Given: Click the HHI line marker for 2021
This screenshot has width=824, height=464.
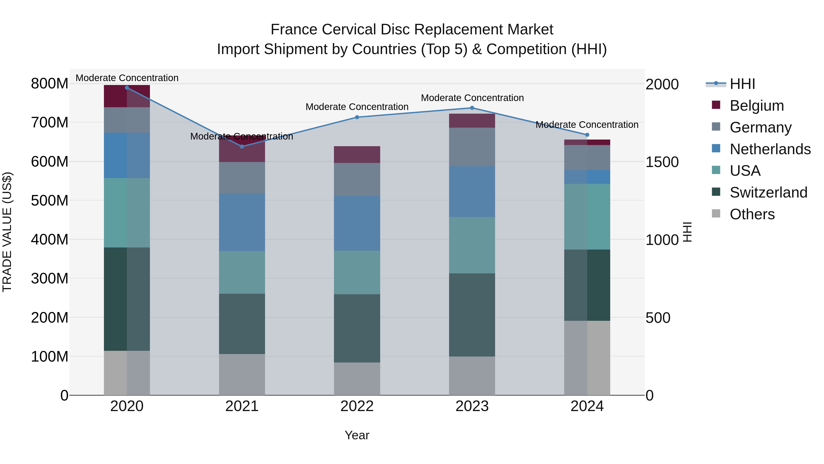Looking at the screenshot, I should tap(242, 147).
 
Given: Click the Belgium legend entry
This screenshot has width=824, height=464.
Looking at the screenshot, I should tap(756, 106).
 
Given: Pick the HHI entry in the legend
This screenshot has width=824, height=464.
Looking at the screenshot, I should tap(742, 84).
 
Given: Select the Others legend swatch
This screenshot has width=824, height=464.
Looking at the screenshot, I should tap(716, 214).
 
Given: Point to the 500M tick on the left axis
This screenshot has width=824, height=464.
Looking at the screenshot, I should tap(50, 201).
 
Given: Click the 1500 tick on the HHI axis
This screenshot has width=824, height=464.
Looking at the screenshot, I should tap(662, 162).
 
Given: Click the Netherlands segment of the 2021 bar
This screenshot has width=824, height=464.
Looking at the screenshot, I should tap(242, 222).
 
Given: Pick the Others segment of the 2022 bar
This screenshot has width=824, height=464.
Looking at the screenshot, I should tap(357, 379).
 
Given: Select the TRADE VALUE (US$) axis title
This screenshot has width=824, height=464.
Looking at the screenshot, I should tap(7, 232).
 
